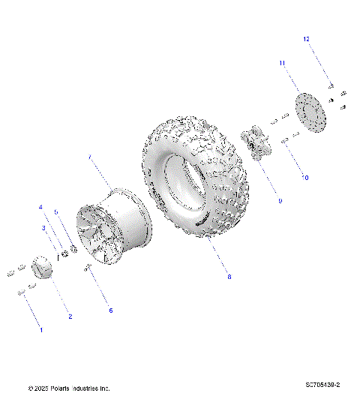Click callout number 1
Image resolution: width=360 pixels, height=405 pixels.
[x=41, y=329]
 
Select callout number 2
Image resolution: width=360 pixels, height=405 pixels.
[x=70, y=316]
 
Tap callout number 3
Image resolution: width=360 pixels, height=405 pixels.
[x=43, y=227]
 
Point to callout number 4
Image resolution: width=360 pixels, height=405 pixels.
[x=41, y=207]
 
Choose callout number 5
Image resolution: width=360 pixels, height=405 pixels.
[x=55, y=212]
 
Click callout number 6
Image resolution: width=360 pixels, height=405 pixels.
[x=111, y=310]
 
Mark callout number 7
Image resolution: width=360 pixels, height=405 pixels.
[x=89, y=157]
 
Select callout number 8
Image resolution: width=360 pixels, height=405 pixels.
[x=229, y=277]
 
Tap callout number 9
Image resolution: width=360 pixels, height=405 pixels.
[x=280, y=201]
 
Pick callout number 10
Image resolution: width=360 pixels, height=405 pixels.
[x=305, y=178]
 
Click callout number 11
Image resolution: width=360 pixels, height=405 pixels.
[x=283, y=64]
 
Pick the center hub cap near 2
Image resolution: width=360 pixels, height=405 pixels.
[x=43, y=267]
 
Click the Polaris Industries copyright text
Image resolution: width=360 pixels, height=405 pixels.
[x=69, y=388]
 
